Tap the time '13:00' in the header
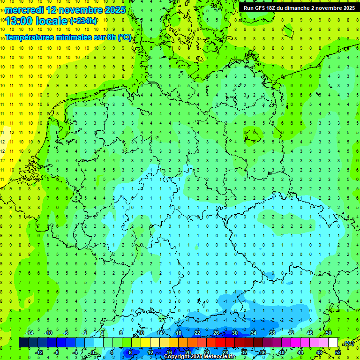coord(19,21)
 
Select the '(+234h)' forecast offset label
coord(83,21)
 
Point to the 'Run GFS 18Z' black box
coord(299,8)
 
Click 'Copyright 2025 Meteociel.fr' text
coord(199,357)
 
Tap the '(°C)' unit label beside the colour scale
coord(348,343)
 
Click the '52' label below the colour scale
coord(337,352)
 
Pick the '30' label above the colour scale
coord(235,333)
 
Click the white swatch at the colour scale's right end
coord(333,343)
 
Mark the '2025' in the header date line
coord(114,10)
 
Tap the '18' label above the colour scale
coord(179,333)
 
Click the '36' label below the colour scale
coord(263,352)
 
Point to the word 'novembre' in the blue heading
coord(77,10)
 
